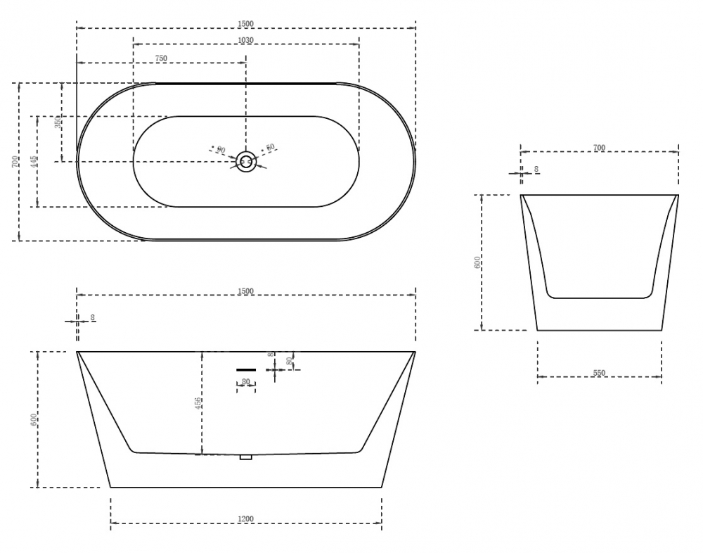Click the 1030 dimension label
click(246, 40)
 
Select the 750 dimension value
click(161, 58)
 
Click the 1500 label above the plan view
click(246, 23)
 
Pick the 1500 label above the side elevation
click(246, 291)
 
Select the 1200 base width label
click(246, 519)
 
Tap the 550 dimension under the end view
click(599, 373)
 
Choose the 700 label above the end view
click(599, 148)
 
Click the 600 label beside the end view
click(477, 262)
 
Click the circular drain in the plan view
click(246, 162)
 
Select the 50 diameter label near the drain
click(271, 148)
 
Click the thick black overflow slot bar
click(246, 369)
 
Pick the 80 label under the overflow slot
click(246, 382)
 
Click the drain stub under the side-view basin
click(245, 457)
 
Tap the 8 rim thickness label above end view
click(536, 170)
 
